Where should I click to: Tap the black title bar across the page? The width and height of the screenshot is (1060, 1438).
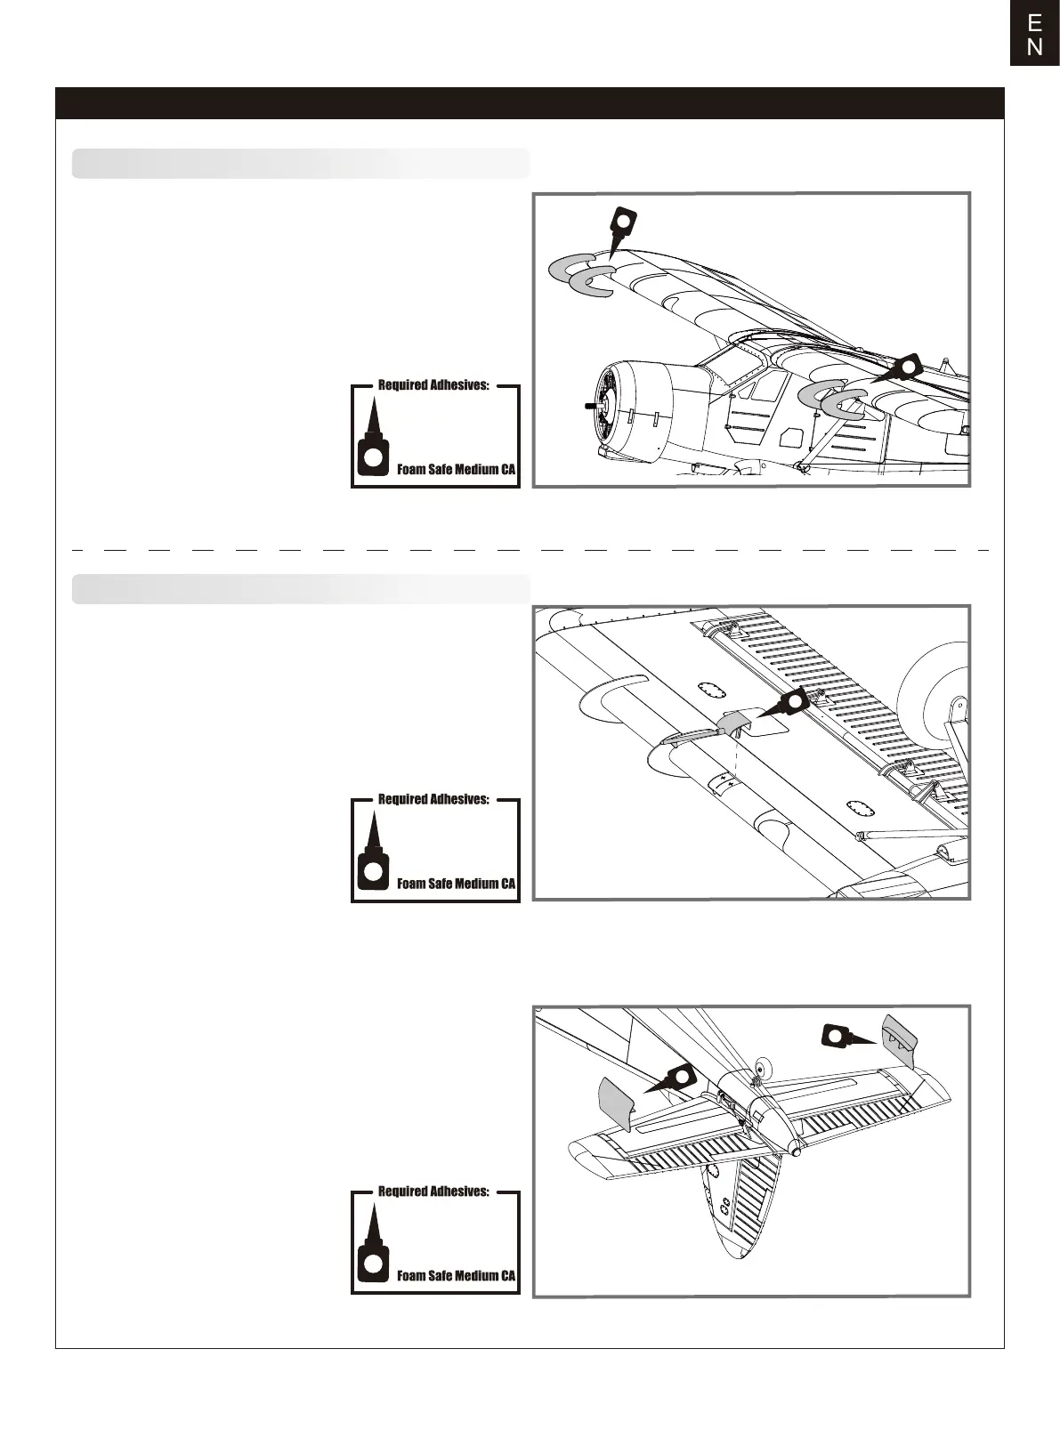[x=530, y=103]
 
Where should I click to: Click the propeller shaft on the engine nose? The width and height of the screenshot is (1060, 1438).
[x=589, y=406]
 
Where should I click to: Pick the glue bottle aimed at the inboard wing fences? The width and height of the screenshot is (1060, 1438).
[x=903, y=368]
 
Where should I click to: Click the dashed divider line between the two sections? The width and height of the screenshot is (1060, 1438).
[x=530, y=551]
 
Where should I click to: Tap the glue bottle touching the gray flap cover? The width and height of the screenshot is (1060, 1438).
[x=790, y=703]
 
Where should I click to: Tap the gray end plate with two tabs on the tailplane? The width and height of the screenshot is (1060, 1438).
[x=899, y=1037]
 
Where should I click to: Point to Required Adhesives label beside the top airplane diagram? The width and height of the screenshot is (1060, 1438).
[x=433, y=385]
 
